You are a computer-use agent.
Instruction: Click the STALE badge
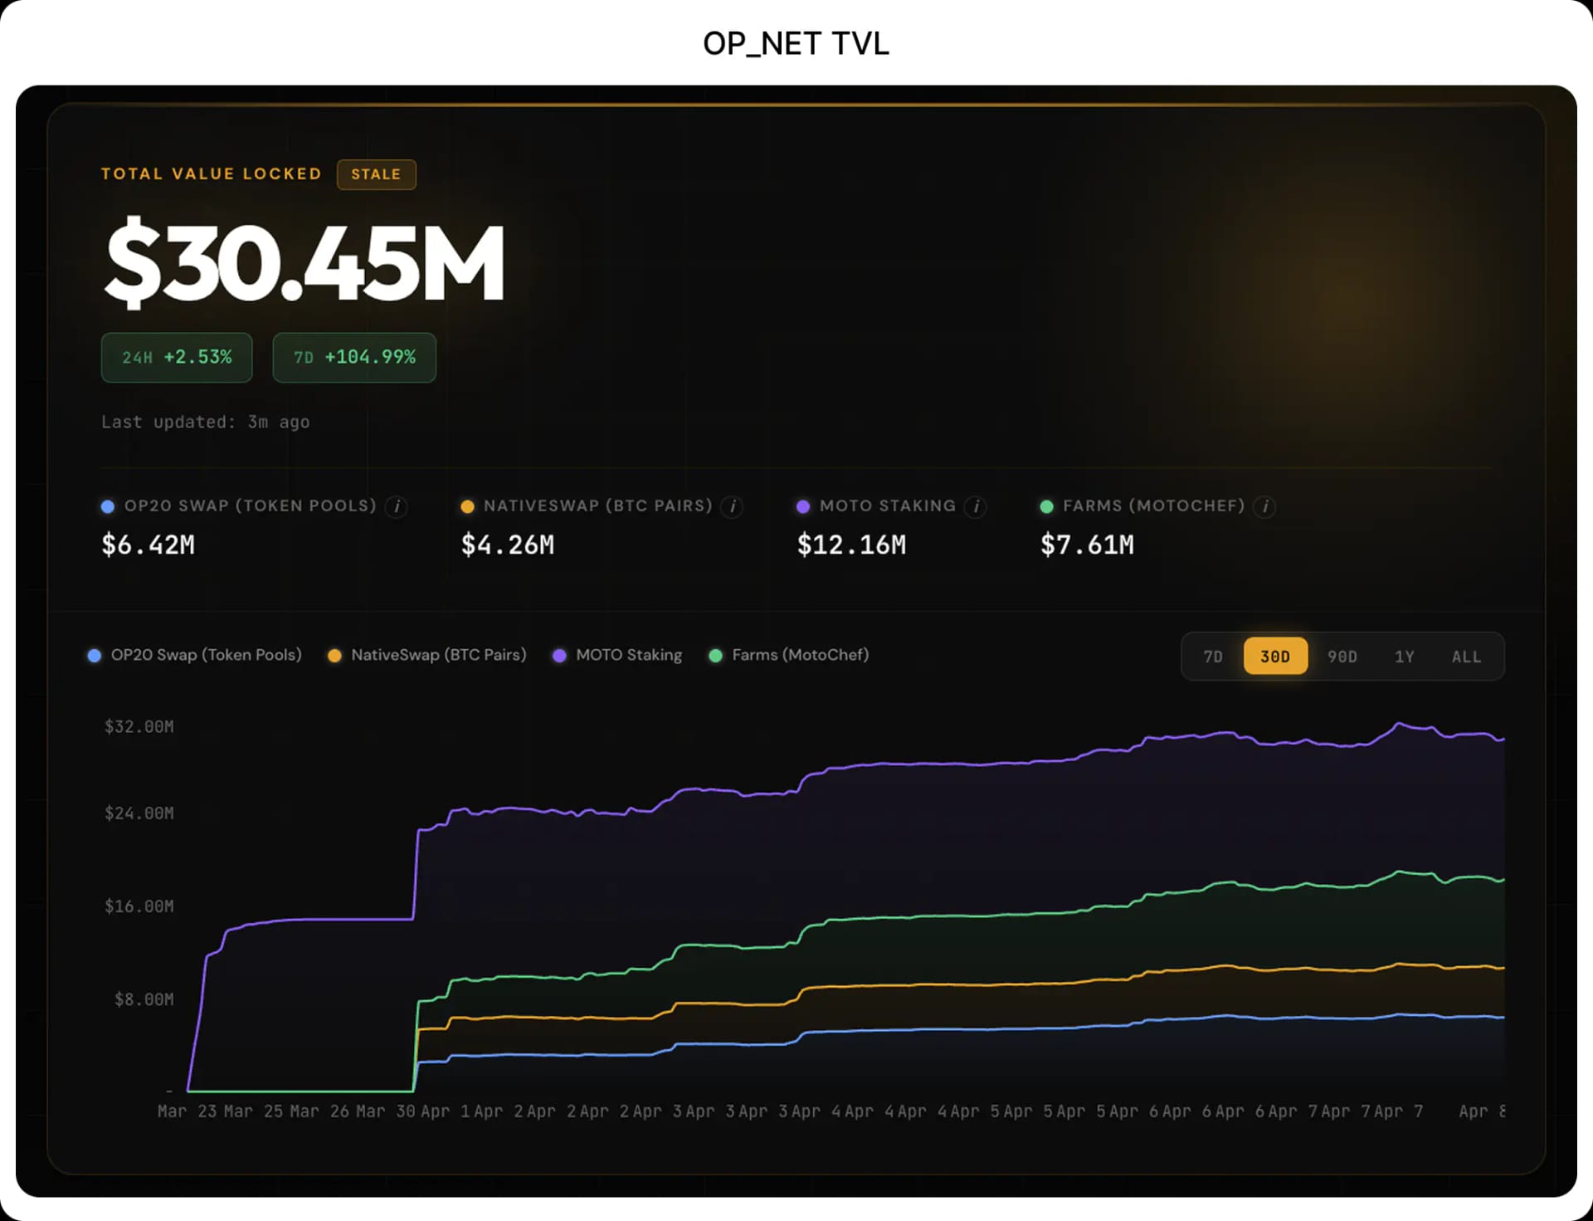(x=376, y=174)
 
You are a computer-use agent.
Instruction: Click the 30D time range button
(x=1275, y=657)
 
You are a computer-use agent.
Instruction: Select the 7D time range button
(x=1213, y=657)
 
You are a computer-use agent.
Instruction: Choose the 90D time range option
(x=1342, y=657)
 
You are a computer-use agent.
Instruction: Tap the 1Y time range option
(x=1404, y=657)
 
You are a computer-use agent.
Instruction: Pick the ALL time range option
(x=1466, y=657)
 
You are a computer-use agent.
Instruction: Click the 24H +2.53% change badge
(x=177, y=358)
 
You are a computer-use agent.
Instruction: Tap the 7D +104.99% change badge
(x=354, y=358)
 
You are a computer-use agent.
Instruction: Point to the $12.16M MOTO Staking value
(x=851, y=545)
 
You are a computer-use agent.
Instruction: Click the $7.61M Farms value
(x=1087, y=545)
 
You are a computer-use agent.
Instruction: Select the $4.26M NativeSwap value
(x=508, y=545)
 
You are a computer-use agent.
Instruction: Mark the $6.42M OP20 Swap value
(x=148, y=545)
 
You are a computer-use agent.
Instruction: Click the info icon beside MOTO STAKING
(x=977, y=506)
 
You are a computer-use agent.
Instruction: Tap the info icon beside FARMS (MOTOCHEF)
(x=1264, y=506)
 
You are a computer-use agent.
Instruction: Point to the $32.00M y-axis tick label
(x=139, y=727)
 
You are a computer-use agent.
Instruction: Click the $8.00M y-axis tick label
(x=144, y=999)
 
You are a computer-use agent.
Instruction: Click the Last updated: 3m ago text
(x=205, y=422)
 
